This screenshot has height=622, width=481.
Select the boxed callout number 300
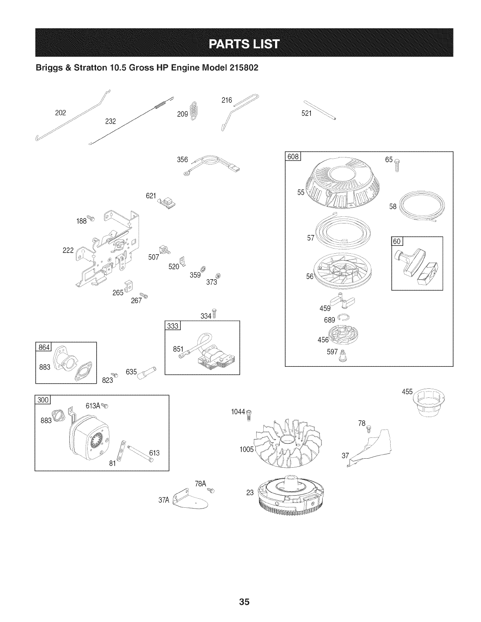coord(42,400)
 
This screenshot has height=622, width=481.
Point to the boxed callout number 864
coord(42,347)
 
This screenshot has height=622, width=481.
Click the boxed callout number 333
coord(173,326)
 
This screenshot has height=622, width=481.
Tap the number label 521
coord(307,113)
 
